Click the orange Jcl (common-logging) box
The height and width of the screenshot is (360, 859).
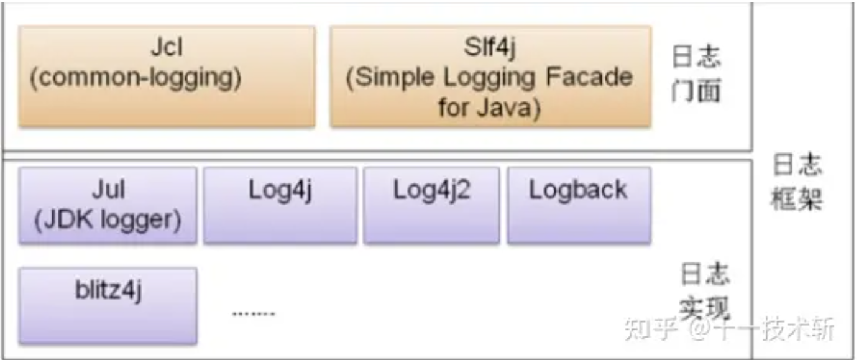167,76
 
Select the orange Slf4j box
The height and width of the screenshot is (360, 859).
490,76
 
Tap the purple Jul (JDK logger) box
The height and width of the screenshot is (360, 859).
108,205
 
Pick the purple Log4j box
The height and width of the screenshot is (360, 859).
280,205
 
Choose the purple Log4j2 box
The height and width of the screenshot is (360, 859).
431,205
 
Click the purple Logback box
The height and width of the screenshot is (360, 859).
579,205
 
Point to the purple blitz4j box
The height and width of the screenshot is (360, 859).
108,305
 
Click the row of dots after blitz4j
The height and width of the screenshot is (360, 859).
254,313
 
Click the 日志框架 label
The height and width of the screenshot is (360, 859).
797,183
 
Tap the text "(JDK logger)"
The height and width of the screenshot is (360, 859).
108,221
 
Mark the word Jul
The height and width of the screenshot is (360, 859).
108,190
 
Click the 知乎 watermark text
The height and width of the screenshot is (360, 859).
650,328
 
